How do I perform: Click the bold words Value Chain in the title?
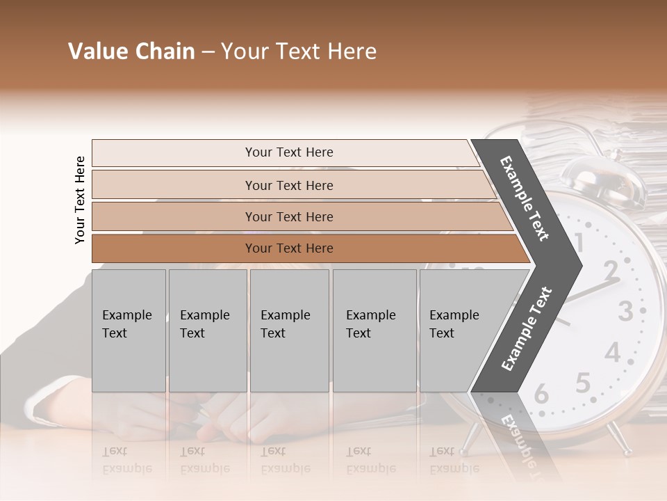click(x=131, y=51)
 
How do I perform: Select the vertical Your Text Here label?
click(x=80, y=200)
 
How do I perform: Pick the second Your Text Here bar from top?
click(x=288, y=185)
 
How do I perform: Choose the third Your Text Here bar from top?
click(x=288, y=216)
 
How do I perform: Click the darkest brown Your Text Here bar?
click(x=288, y=248)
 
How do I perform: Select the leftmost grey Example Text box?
click(x=129, y=331)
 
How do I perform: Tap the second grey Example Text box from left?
click(x=208, y=331)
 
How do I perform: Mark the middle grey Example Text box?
click(x=289, y=331)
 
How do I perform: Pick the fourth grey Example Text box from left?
click(x=374, y=331)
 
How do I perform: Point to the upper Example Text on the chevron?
click(x=525, y=198)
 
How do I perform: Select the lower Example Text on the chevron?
click(x=526, y=328)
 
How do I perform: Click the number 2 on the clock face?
click(x=610, y=269)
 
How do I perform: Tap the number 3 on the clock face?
click(x=625, y=310)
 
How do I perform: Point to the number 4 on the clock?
click(x=611, y=353)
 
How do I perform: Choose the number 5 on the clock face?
click(x=582, y=383)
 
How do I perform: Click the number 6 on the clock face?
click(x=541, y=395)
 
